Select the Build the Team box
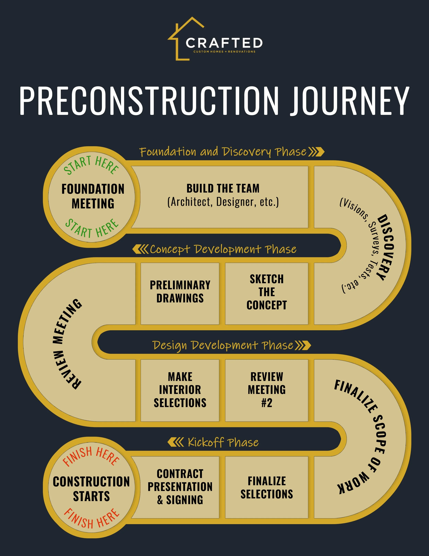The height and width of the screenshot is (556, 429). (220, 197)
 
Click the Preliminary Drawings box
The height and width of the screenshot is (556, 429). (180, 294)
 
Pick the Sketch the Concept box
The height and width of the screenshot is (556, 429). (267, 294)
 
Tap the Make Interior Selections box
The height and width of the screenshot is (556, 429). (180, 390)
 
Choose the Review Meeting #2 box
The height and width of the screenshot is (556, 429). (267, 390)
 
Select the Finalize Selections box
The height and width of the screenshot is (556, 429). (267, 487)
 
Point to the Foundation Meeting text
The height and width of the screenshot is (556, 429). (93, 196)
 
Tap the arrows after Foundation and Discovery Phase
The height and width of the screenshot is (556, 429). (316, 152)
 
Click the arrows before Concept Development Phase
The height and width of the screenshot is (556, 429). (141, 249)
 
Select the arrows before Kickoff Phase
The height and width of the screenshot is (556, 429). (176, 442)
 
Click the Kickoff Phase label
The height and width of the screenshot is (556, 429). (223, 442)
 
